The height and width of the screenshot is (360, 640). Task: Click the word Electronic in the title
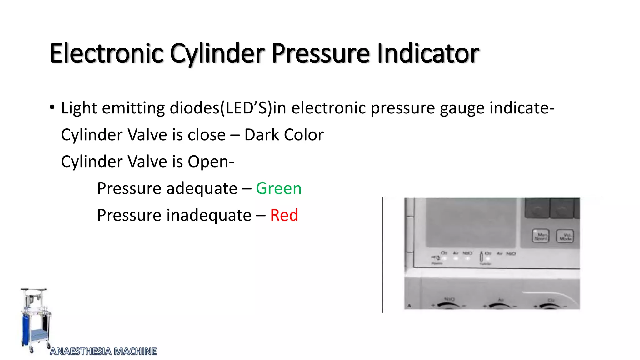pyautogui.click(x=107, y=53)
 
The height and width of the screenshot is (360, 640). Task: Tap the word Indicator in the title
pyautogui.click(x=428, y=53)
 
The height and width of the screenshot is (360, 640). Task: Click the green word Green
pyautogui.click(x=278, y=188)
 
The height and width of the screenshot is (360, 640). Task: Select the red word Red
pyautogui.click(x=284, y=215)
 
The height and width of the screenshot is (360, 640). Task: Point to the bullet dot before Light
pyautogui.click(x=52, y=107)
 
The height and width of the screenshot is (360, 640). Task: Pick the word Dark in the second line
pyautogui.click(x=262, y=135)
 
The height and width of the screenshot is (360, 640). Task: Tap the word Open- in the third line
pyautogui.click(x=211, y=162)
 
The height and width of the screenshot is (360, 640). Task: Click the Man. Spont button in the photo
pyautogui.click(x=540, y=236)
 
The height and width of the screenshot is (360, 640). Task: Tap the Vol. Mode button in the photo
pyautogui.click(x=565, y=236)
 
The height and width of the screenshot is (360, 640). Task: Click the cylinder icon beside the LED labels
pyautogui.click(x=481, y=257)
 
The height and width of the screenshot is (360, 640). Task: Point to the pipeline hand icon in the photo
pyautogui.click(x=436, y=258)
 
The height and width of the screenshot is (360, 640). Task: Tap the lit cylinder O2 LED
pyautogui.click(x=488, y=259)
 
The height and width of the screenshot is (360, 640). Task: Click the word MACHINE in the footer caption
pyautogui.click(x=135, y=352)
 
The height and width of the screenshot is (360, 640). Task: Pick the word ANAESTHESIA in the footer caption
pyautogui.click(x=81, y=352)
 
